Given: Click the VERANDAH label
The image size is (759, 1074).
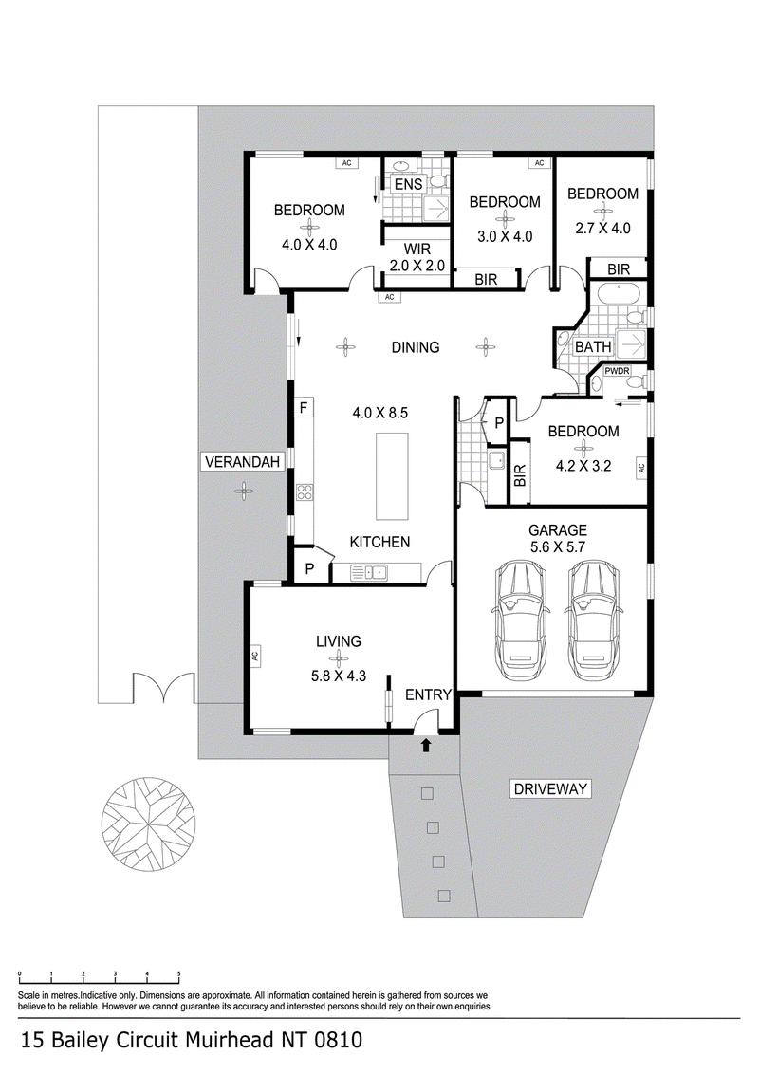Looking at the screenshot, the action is (243, 462).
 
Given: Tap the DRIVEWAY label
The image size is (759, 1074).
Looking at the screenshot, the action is (551, 789).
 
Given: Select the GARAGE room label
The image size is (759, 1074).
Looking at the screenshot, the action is (558, 530).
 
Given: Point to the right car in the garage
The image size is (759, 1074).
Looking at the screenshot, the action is (593, 620).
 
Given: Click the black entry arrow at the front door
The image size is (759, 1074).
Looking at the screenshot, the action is (426, 745).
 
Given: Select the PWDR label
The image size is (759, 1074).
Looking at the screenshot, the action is (617, 371).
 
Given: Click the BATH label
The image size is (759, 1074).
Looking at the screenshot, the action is (593, 347).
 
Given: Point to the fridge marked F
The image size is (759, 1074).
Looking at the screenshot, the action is (304, 409).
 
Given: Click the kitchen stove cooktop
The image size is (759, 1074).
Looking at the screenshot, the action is (305, 491).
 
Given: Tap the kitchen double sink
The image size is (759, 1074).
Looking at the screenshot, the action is (369, 573).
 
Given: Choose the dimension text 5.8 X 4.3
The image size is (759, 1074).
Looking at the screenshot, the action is (339, 676).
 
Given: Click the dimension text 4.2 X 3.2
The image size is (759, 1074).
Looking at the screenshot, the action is (583, 467).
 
